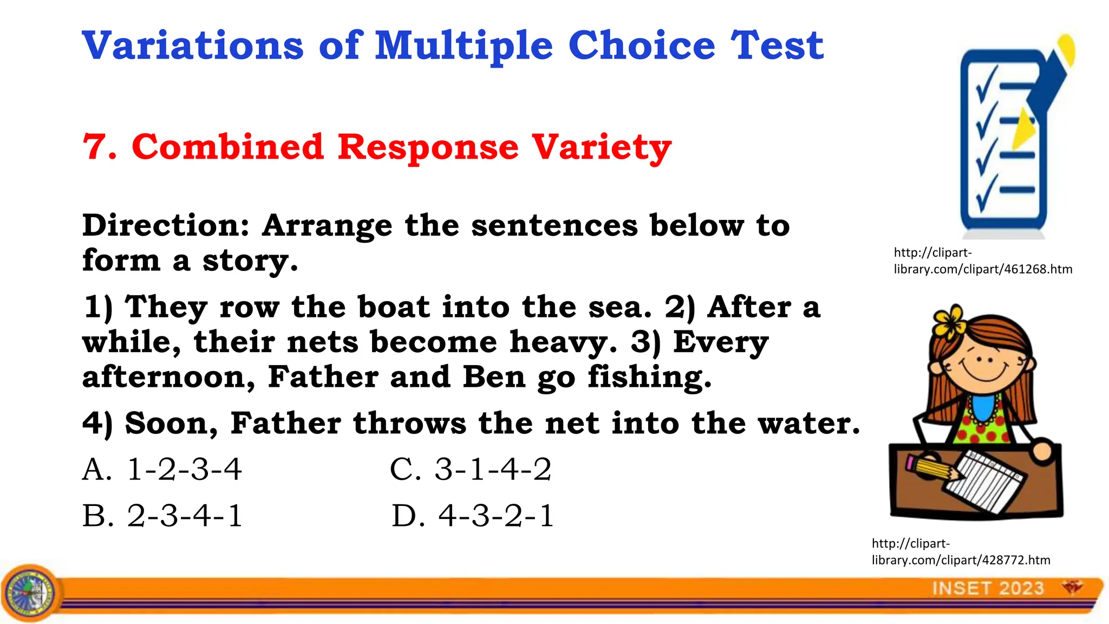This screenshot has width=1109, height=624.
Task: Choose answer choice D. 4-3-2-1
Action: pos(472,516)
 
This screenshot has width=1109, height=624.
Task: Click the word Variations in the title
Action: pos(193,45)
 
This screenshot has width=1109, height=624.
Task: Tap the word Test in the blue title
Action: pos(777,45)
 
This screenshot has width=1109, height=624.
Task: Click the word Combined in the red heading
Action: pos(227,147)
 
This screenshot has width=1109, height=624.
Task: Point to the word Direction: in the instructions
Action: pos(166,225)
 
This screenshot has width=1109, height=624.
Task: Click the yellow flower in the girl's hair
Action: pos(949,322)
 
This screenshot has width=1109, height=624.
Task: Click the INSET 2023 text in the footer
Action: pos(988,588)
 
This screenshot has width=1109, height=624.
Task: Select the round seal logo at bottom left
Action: pos(31,593)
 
